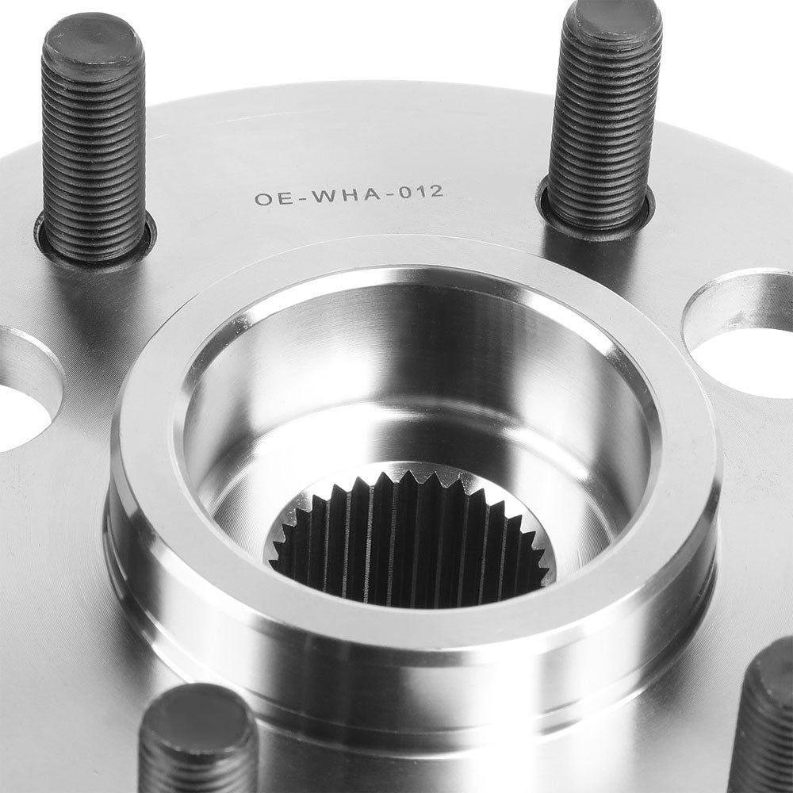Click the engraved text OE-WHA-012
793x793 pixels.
pos(349,195)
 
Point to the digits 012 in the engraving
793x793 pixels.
pos(422,192)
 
